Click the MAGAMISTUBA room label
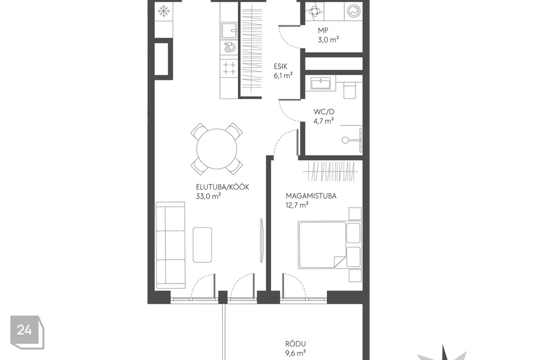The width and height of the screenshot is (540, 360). [311, 196]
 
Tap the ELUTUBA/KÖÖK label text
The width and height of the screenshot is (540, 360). [223, 187]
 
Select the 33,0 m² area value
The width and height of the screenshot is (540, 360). [208, 196]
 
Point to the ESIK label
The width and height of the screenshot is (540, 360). [280, 66]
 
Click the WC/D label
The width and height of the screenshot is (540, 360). [324, 111]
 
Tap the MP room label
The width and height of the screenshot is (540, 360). [323, 30]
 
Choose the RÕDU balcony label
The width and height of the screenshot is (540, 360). [295, 344]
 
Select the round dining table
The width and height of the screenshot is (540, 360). [217, 149]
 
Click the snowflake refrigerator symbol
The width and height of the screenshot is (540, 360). [164, 11]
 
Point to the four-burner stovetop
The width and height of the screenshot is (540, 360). [229, 68]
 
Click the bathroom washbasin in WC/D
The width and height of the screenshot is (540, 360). [321, 83]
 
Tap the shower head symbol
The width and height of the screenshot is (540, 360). [345, 140]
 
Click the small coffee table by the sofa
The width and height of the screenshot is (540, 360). [202, 245]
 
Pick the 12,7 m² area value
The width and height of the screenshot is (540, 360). [297, 205]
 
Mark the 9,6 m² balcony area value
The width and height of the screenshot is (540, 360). [296, 353]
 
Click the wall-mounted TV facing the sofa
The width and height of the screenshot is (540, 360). [263, 241]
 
